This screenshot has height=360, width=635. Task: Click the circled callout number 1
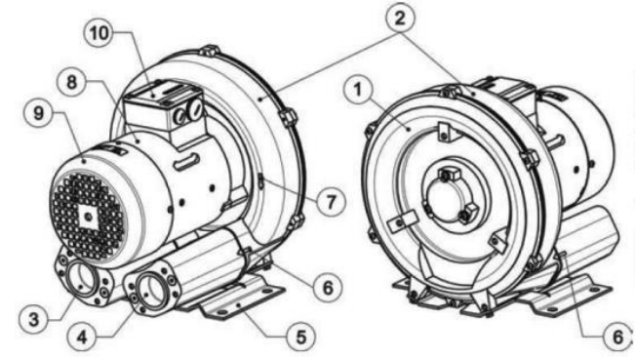click(x=358, y=90)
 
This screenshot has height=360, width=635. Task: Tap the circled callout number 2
click(x=399, y=19)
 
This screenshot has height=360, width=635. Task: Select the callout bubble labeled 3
click(x=34, y=319)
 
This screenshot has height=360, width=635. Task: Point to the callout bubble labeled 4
click(x=83, y=337)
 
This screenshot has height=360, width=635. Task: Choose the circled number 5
click(x=300, y=337)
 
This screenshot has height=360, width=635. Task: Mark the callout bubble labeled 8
click(x=71, y=82)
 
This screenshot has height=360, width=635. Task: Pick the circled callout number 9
click(x=38, y=113)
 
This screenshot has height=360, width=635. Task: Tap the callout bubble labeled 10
click(x=99, y=33)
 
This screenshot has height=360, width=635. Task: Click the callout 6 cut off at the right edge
click(x=617, y=337)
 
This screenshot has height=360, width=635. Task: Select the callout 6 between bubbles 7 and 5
click(x=327, y=288)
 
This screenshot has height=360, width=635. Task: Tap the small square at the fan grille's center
click(x=88, y=219)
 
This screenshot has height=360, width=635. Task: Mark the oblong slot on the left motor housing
click(x=185, y=162)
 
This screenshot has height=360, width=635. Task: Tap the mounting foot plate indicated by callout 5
click(x=241, y=300)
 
